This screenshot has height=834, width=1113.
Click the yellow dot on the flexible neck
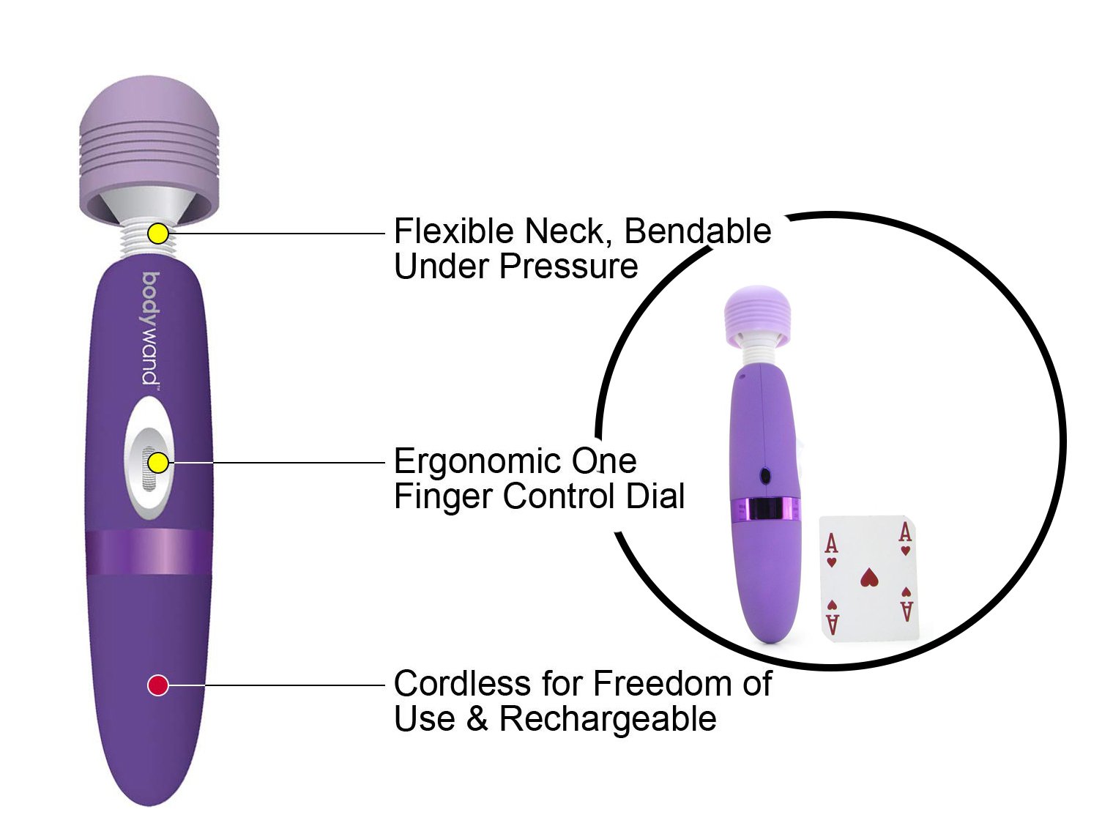pyautogui.click(x=158, y=234)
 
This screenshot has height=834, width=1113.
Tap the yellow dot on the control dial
pyautogui.click(x=158, y=463)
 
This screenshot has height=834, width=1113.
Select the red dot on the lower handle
pyautogui.click(x=158, y=685)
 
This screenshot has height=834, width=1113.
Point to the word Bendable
pyautogui.click(x=697, y=231)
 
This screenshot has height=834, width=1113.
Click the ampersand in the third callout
pyautogui.click(x=477, y=719)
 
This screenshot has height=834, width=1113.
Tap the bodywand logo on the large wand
pyautogui.click(x=150, y=329)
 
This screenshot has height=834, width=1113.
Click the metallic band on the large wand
pyautogui.click(x=150, y=553)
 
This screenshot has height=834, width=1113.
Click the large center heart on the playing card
pyautogui.click(x=869, y=578)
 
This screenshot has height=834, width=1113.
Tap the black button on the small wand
pyautogui.click(x=765, y=476)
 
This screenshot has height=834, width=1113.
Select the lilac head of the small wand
pyautogui.click(x=758, y=313)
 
